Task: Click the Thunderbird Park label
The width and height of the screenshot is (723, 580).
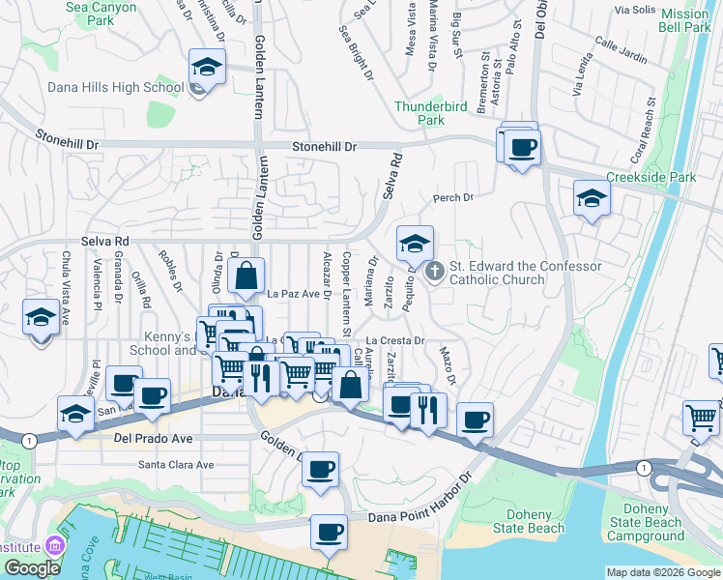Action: coord(419,114)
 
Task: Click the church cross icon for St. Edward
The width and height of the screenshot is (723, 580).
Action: coord(434,273)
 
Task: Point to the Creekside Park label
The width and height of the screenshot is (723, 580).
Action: coord(651,178)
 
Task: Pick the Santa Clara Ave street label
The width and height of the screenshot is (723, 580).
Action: coord(176,465)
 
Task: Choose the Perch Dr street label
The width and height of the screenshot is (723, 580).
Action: coord(453,198)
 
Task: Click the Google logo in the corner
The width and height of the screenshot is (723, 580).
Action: coord(32,568)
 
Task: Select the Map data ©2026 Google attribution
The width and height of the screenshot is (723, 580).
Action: coord(663,572)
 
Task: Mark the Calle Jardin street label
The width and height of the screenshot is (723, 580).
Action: coord(621,51)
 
